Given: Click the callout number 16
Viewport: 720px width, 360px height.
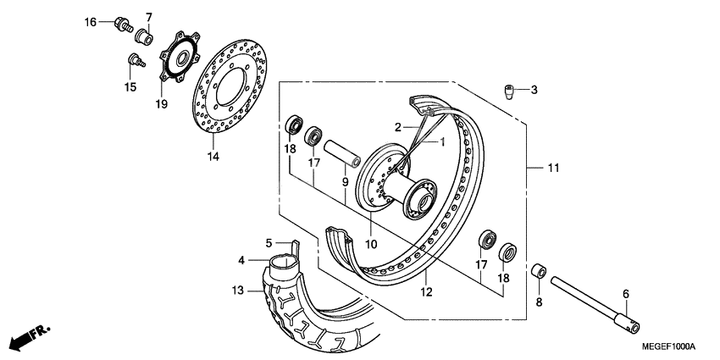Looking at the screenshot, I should click(x=91, y=22).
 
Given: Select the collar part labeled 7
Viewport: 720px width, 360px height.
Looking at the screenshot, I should click(x=144, y=37).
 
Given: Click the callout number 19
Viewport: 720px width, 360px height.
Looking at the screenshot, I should click(x=161, y=104).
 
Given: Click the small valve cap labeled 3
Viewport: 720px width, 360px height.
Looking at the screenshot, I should click(x=511, y=91).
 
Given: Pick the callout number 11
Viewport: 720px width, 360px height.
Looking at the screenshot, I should click(x=552, y=169).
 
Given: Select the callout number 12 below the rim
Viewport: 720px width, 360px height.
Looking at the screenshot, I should click(x=427, y=292).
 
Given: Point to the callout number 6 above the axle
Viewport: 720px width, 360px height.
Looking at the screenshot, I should click(x=626, y=293).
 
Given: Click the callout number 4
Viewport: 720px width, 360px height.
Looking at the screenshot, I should click(x=241, y=260).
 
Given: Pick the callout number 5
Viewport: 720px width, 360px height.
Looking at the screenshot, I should click(x=269, y=242).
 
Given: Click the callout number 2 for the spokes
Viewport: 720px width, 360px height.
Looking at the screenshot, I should click(x=396, y=128).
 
